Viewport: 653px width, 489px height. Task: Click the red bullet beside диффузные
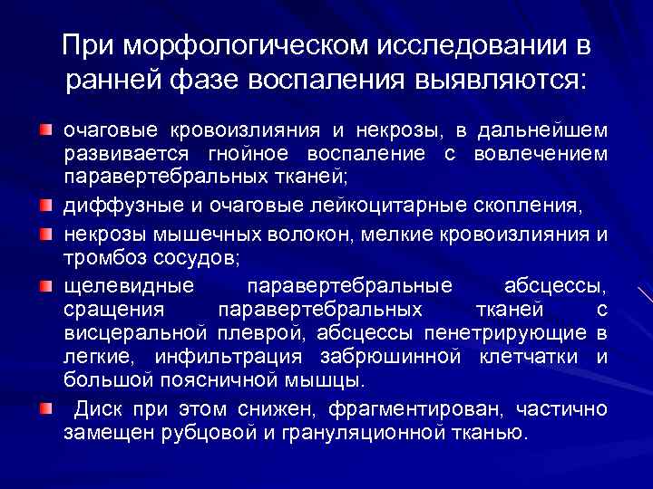pyautogui.click(x=45, y=207)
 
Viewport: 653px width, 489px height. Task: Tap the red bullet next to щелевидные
pyautogui.click(x=45, y=287)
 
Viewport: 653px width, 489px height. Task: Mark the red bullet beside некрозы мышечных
pyautogui.click(x=45, y=234)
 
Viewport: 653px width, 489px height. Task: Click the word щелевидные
pyautogui.click(x=128, y=287)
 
